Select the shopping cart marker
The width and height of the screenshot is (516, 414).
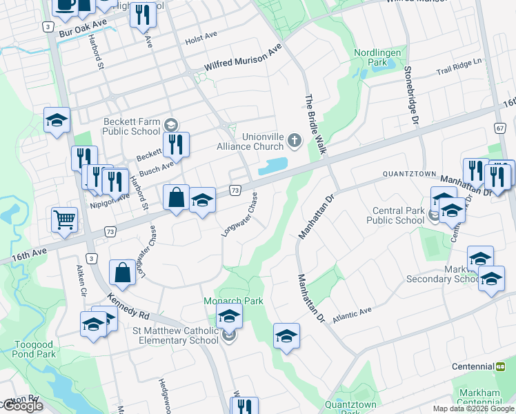(x=64, y=220)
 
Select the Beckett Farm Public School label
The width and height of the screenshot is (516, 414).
(x=132, y=127)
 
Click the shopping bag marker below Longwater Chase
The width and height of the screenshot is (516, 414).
(x=122, y=272)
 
